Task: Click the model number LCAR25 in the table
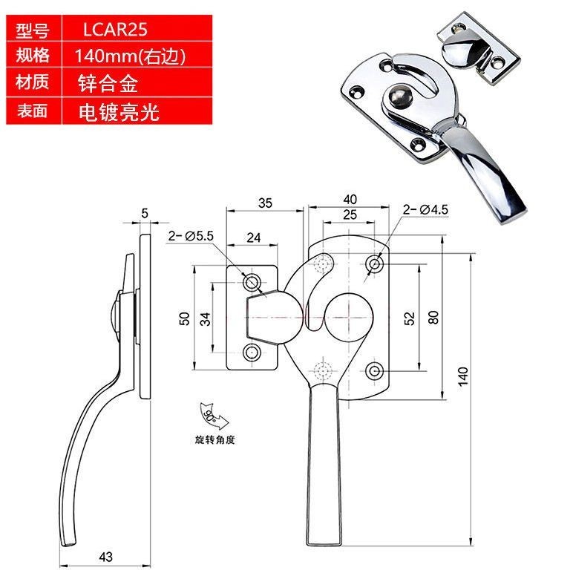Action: [115, 30]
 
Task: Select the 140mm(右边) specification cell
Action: [130, 56]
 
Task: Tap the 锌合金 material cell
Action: [108, 83]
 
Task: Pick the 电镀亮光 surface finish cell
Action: [119, 112]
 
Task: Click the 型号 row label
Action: [32, 30]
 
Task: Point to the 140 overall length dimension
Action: [463, 377]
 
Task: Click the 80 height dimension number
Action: [433, 318]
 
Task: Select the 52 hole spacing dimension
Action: [410, 318]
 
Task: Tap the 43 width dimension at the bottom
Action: [106, 557]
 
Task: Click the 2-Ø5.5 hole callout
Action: [191, 236]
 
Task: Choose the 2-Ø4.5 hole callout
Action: [425, 209]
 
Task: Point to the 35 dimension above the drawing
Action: [265, 203]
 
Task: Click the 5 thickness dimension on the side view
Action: [145, 213]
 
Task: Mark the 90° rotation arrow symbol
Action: [213, 416]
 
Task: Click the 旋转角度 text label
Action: [215, 439]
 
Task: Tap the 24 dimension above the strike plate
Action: [254, 238]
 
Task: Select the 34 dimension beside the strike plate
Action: [206, 318]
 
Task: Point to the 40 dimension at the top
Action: [350, 199]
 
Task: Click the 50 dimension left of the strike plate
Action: [185, 318]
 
